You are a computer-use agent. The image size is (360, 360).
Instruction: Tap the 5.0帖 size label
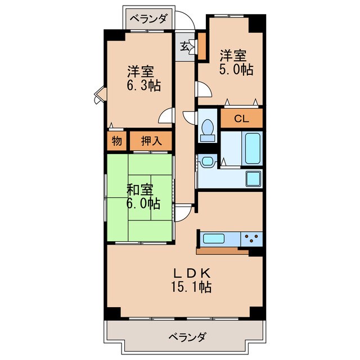(x=236, y=70)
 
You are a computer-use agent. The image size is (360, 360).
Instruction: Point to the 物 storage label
(x=116, y=141)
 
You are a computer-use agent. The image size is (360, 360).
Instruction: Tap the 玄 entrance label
(x=185, y=47)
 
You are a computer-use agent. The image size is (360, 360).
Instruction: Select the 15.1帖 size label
(x=191, y=287)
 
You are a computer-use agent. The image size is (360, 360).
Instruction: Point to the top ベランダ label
(x=149, y=19)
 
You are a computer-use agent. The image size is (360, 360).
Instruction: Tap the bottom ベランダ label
(x=187, y=337)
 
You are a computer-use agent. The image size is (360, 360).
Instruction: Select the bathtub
(x=253, y=147)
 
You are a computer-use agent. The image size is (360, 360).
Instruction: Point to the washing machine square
(x=252, y=179)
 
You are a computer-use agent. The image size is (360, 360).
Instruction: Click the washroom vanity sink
(x=208, y=161)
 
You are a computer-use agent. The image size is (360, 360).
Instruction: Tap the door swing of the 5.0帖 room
(x=202, y=89)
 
